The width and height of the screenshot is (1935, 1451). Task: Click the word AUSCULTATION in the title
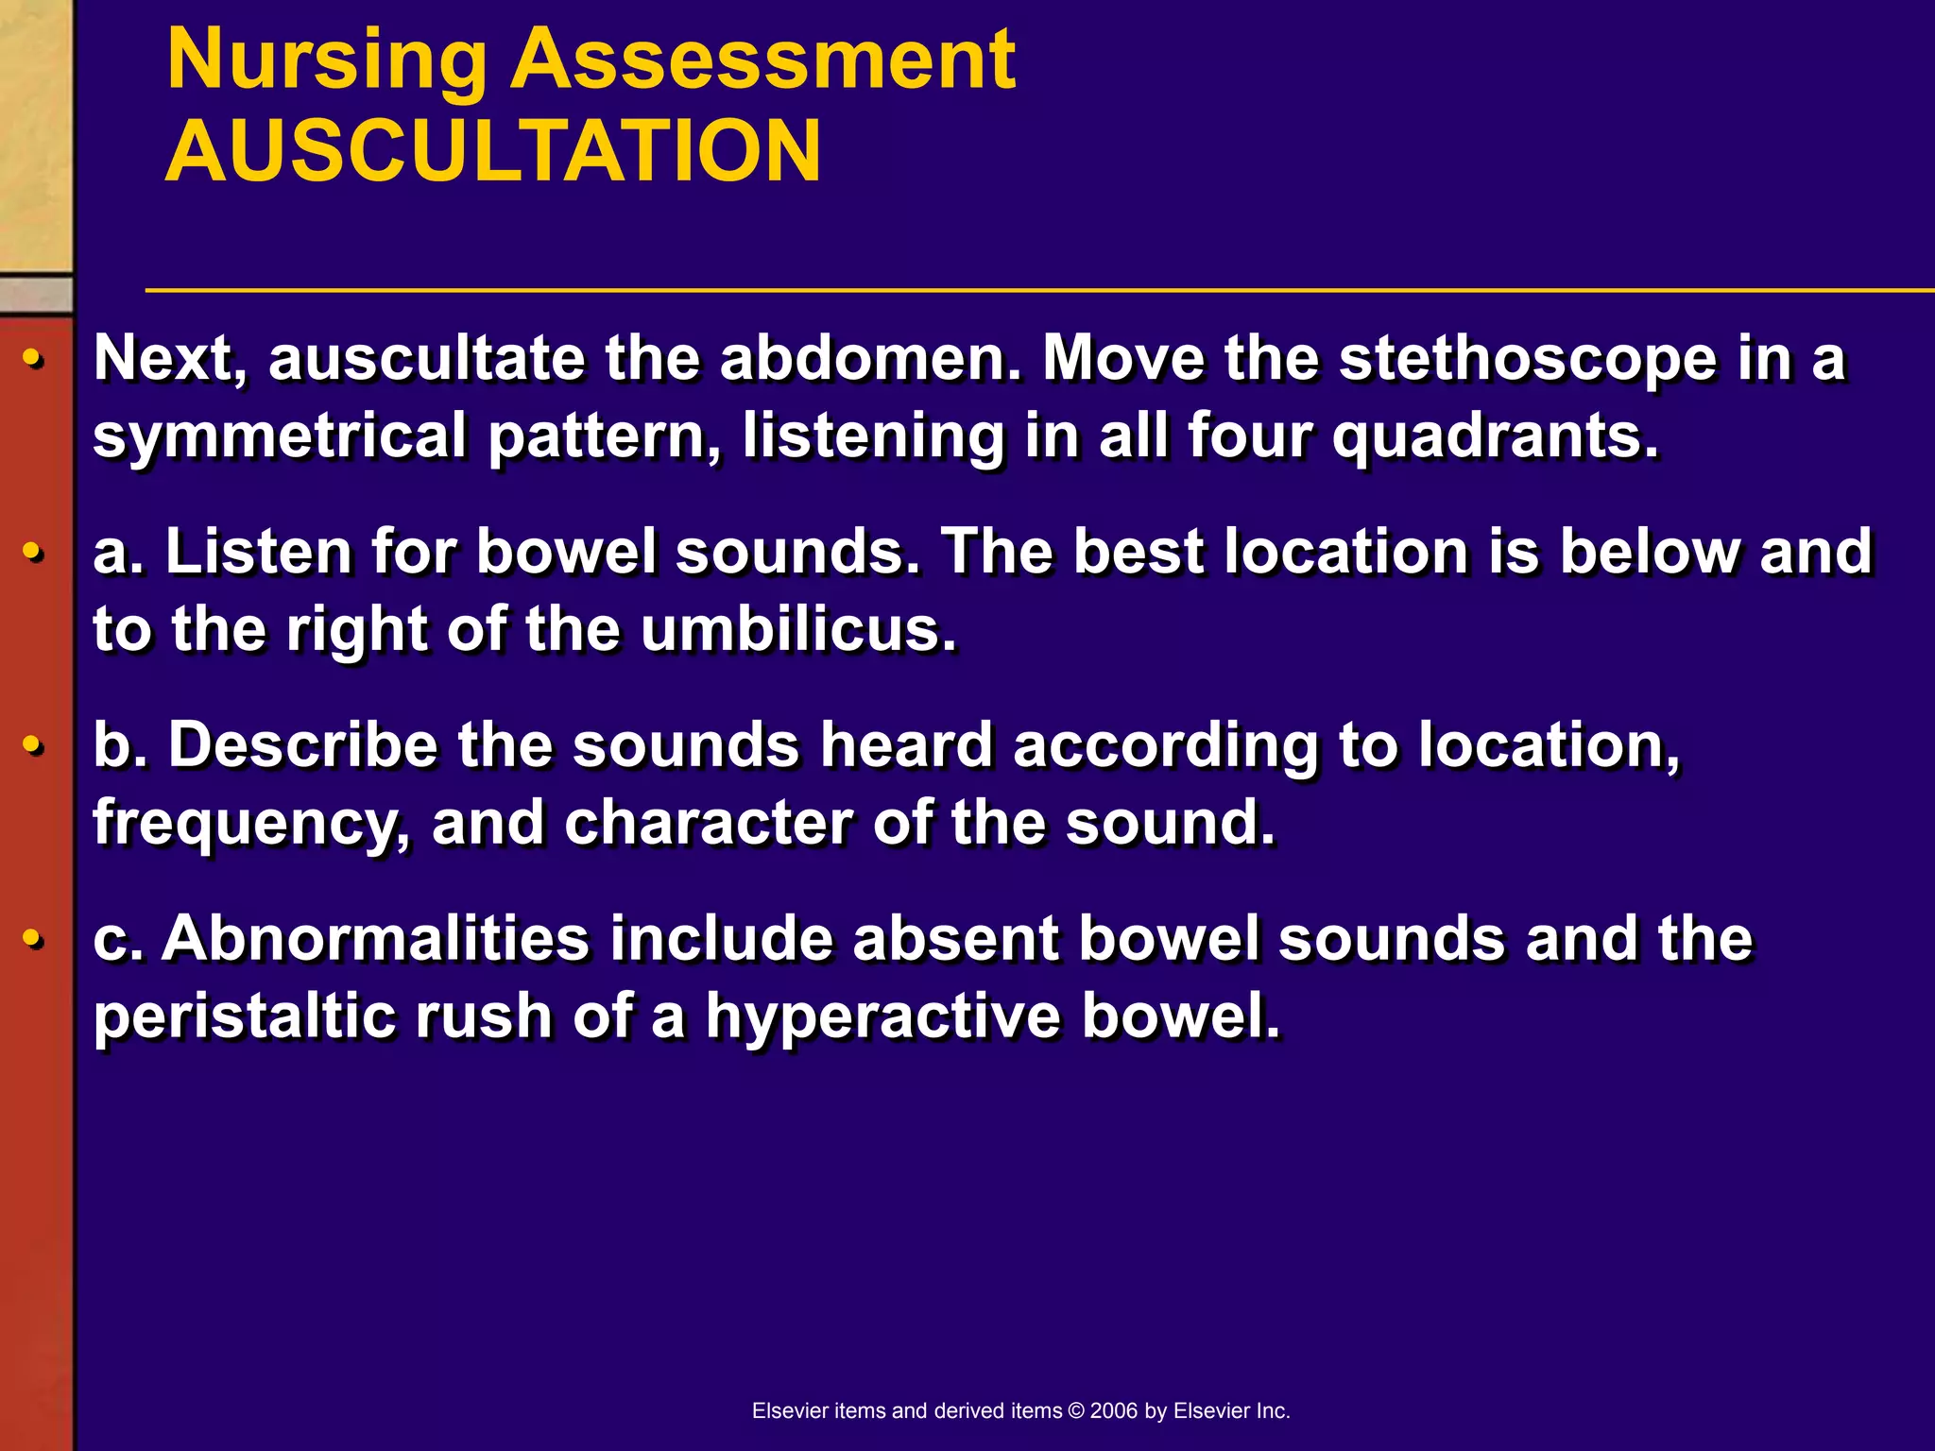(493, 151)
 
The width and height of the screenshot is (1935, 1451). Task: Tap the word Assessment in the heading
(762, 60)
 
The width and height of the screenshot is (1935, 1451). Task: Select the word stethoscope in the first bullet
(1527, 359)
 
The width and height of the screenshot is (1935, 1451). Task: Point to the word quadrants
(1494, 436)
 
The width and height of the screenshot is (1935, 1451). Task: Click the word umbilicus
(798, 630)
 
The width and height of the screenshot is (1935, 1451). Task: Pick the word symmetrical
(280, 436)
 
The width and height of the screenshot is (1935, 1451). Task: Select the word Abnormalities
(375, 939)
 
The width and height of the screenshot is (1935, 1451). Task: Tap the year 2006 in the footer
(1114, 1410)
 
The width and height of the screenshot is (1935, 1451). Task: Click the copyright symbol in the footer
(1076, 1410)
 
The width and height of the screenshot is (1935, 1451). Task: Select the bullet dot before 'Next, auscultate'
(33, 360)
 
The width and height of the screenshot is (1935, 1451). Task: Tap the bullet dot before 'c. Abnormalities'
(33, 940)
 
